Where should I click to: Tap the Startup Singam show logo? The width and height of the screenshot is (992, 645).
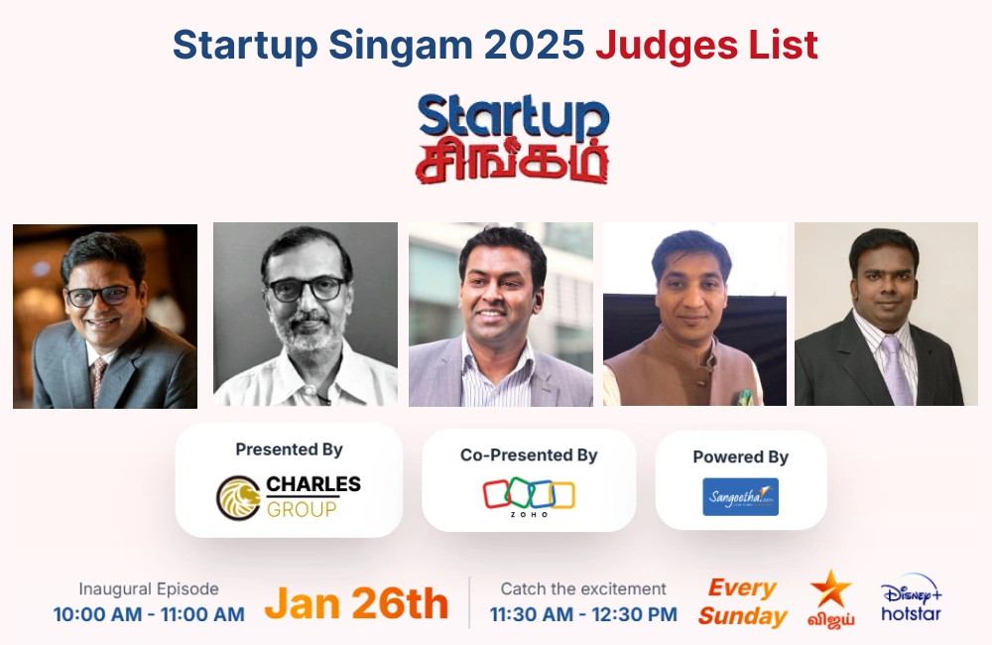(x=513, y=139)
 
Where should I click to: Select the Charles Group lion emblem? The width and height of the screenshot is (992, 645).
(x=239, y=497)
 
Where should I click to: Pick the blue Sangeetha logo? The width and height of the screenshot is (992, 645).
(x=740, y=496)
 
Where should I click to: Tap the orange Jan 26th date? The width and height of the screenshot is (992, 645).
(x=356, y=603)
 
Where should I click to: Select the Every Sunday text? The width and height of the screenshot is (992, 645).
(x=742, y=602)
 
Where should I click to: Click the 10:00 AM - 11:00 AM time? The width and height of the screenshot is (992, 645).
(x=149, y=614)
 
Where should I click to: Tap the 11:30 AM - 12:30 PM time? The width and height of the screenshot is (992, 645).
(x=583, y=614)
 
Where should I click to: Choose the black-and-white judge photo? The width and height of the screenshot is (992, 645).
(x=305, y=314)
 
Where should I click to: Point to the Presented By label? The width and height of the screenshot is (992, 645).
(x=289, y=450)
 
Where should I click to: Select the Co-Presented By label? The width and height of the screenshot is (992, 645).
(x=529, y=454)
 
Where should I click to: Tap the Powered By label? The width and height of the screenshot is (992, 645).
(x=740, y=456)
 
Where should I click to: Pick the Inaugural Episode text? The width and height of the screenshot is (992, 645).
(x=149, y=589)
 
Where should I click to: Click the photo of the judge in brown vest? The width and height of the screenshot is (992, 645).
(x=694, y=314)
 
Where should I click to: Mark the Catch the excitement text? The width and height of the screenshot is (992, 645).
(x=583, y=589)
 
